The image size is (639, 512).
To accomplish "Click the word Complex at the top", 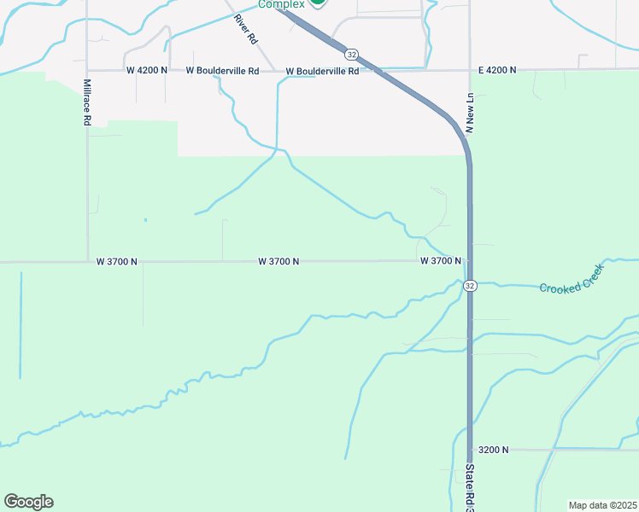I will (281, 4).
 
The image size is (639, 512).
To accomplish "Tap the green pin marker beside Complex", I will (317, 3).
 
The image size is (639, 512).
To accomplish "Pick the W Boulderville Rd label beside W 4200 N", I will (223, 71).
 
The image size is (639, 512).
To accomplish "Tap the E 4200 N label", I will (496, 70).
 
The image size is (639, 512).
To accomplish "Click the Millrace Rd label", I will (87, 103).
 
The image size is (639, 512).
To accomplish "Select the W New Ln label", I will (470, 113).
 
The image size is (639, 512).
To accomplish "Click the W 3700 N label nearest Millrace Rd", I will (117, 261).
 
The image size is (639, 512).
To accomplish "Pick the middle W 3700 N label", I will (278, 261).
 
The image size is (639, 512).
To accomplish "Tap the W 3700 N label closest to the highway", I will (440, 260).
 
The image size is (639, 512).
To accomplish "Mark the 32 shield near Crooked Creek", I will (469, 287).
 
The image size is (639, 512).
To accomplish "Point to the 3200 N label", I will (494, 449).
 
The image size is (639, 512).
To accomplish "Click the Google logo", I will (28, 502).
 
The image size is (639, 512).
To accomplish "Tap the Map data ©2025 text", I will (602, 505).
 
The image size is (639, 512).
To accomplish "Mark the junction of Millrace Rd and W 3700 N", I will (88, 262).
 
